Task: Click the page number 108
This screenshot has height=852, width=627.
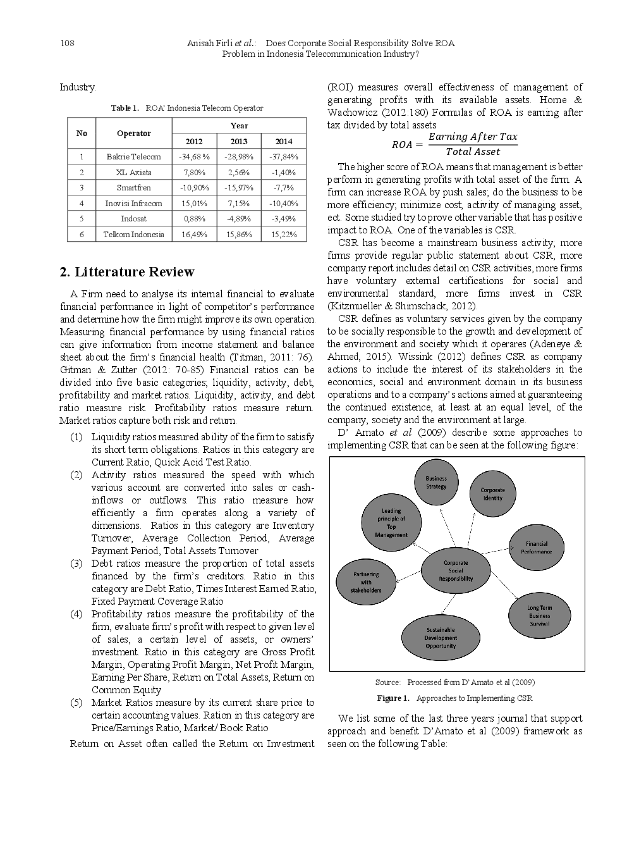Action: click(66, 43)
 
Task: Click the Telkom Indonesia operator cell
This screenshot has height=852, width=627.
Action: click(133, 234)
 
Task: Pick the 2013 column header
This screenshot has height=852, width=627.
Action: click(239, 141)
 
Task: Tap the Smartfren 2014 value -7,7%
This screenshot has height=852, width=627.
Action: click(284, 187)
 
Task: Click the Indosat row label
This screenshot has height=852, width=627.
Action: click(133, 218)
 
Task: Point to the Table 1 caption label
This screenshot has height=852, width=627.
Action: click(125, 108)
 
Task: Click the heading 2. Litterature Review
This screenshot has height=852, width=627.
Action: click(127, 272)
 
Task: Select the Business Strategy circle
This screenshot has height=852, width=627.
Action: click(436, 482)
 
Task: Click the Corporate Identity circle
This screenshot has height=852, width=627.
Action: click(492, 493)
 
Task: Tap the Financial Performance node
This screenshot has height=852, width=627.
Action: click(537, 548)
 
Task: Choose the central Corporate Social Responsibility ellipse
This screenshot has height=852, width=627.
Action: click(456, 571)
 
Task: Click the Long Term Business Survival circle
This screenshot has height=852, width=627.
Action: click(539, 615)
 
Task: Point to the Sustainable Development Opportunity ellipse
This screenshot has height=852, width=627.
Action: click(441, 638)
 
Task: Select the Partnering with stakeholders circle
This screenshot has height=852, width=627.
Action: click(366, 582)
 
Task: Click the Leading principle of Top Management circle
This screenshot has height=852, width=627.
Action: click(391, 522)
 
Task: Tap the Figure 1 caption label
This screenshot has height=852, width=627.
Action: click(393, 698)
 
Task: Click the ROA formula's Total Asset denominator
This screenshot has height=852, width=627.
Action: click(473, 152)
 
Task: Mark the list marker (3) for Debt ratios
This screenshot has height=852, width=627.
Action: click(76, 564)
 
